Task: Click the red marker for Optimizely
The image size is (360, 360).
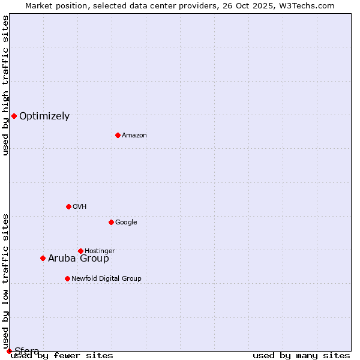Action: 14,116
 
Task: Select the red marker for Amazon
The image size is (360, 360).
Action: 118,135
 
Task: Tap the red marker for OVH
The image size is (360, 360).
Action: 68,206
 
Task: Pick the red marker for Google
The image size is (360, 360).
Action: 111,222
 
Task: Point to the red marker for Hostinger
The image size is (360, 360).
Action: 80,251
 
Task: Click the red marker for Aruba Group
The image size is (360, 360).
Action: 43,258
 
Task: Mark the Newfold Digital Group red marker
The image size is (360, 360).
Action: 67,278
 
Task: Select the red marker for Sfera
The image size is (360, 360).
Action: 9,351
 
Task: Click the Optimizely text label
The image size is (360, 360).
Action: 44,116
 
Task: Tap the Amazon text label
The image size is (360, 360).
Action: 134,136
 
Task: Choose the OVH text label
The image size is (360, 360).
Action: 80,207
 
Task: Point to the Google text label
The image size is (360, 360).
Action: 126,223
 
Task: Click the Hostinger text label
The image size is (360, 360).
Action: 100,251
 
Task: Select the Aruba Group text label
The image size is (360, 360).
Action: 79,259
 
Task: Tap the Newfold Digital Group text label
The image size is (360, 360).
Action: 106,279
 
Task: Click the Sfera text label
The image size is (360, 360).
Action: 27,352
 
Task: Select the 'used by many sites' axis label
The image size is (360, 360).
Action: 301,356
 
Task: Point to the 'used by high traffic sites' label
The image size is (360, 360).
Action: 5,85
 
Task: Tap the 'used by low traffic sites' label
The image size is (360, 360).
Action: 5,281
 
